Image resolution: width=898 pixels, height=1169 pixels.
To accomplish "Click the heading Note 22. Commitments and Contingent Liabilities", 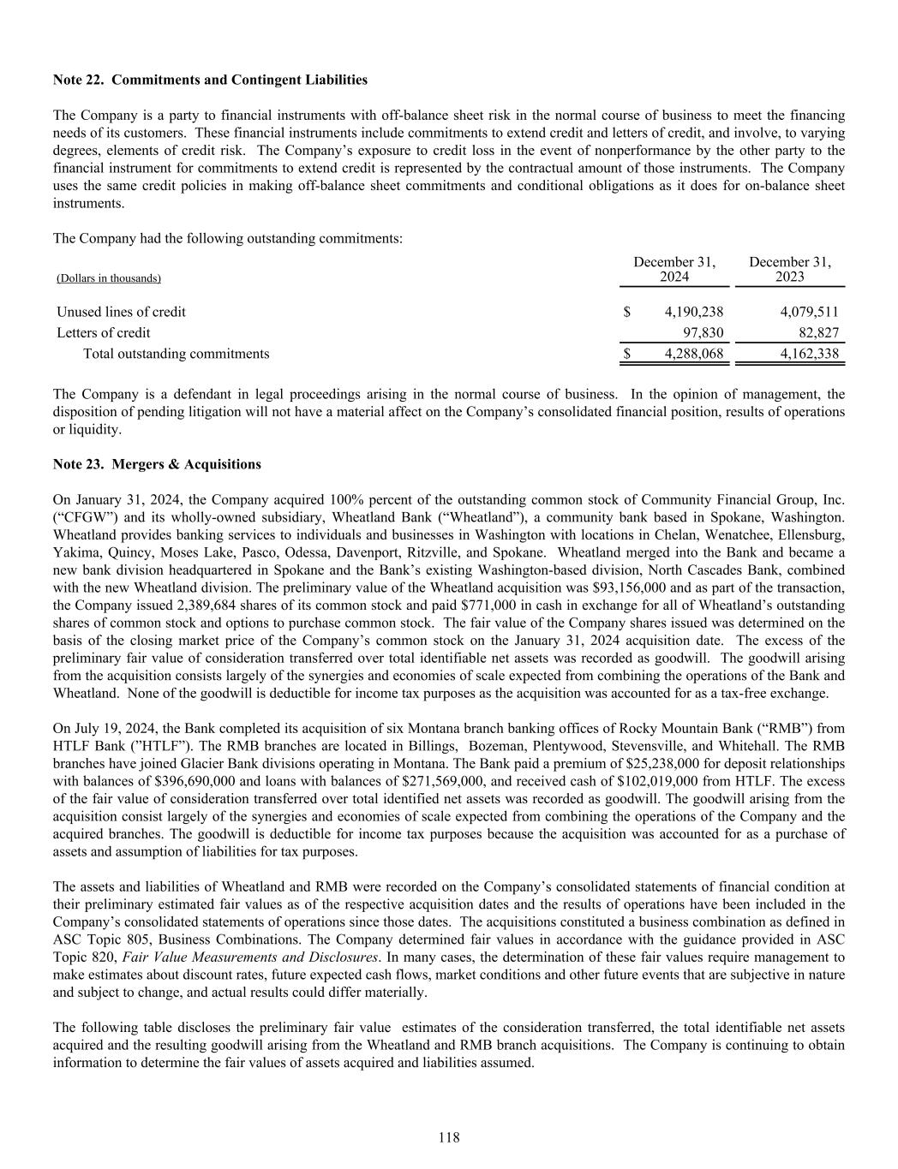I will (x=210, y=80).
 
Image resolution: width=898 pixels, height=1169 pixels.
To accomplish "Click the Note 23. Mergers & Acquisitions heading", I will (x=157, y=464).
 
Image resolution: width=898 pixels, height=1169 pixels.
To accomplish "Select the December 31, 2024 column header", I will (x=674, y=269).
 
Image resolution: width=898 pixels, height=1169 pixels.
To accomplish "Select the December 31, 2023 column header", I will (x=790, y=269).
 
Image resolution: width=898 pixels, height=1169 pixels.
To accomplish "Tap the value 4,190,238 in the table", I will (x=694, y=312).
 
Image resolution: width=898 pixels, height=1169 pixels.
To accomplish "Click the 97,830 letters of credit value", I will (x=702, y=333).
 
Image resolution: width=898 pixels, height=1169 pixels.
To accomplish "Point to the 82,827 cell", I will (x=817, y=333).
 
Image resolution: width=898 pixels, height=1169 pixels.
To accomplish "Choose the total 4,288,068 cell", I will (x=694, y=354).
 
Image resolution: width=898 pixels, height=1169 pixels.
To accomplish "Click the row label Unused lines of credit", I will (x=121, y=312).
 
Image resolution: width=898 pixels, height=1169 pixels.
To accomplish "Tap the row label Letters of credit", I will (x=104, y=333).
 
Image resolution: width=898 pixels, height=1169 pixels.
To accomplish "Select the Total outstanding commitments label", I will (x=176, y=354).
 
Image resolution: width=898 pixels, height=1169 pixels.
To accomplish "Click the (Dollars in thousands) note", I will (x=109, y=278).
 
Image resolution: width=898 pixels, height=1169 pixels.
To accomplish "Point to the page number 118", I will (x=449, y=1137).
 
